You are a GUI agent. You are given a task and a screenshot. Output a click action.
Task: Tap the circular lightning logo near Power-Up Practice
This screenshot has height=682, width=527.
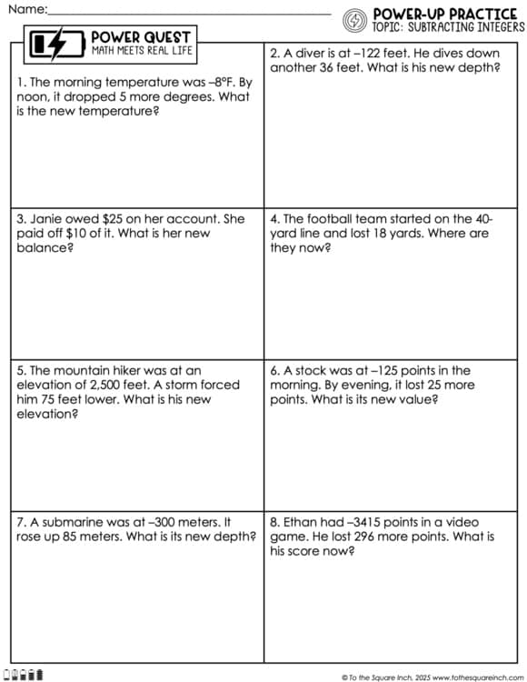click(x=356, y=19)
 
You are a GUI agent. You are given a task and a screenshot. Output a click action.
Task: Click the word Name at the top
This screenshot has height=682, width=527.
click(x=26, y=8)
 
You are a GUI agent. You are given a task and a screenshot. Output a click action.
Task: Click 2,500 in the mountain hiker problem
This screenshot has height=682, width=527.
click(x=107, y=385)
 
